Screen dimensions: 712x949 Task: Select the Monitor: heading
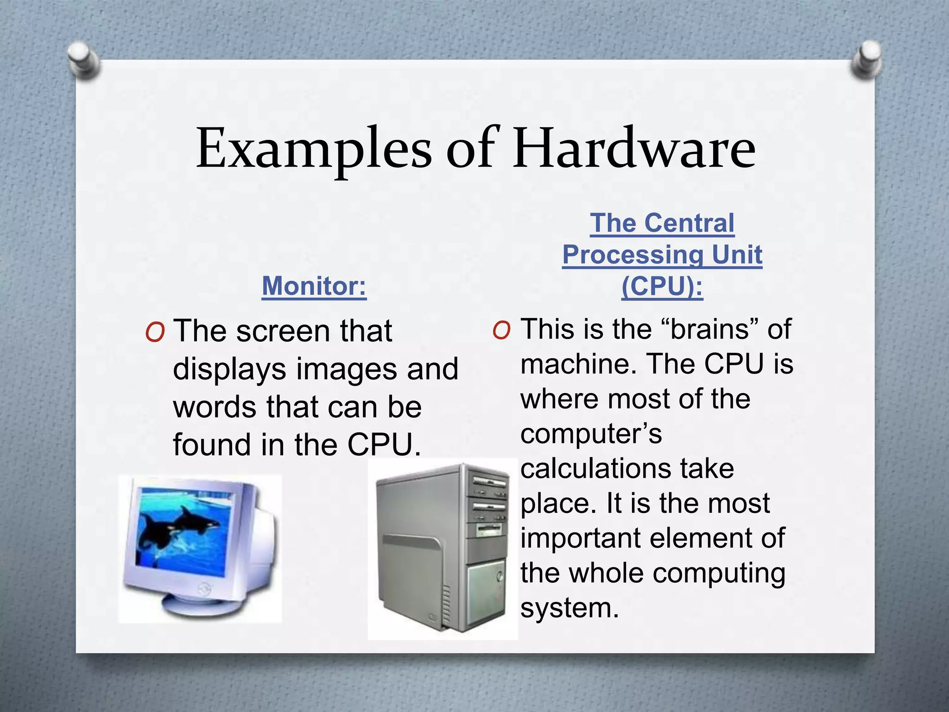(314, 286)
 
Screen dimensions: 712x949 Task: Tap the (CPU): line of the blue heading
(662, 286)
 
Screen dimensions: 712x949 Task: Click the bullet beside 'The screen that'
(155, 332)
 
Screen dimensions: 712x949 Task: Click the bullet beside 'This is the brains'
(501, 331)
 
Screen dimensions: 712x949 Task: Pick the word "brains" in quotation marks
(709, 329)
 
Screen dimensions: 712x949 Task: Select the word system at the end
(569, 608)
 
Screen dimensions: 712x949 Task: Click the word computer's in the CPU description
(591, 434)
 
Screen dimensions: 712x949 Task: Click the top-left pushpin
(82, 59)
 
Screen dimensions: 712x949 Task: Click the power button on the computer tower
(499, 577)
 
